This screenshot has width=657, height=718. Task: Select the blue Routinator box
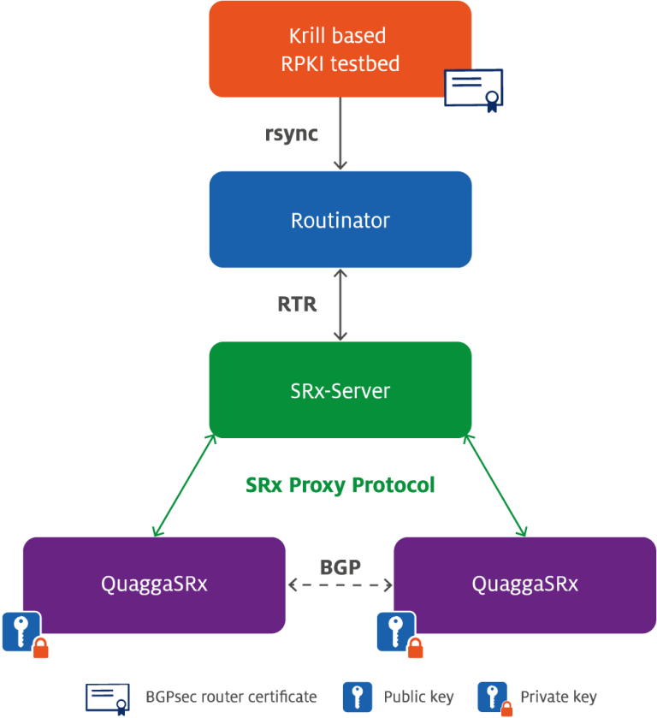tap(340, 220)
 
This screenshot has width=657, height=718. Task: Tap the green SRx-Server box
tap(340, 390)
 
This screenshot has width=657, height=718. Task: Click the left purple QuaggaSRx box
tap(154, 584)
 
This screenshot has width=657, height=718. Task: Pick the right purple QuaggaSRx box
tap(524, 584)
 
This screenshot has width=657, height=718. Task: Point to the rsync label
tap(292, 134)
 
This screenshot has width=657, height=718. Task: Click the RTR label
tap(297, 304)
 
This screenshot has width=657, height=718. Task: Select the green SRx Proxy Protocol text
tap(340, 485)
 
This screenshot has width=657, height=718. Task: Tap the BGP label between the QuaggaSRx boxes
tap(340, 567)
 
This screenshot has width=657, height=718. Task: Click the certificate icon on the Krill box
tap(473, 89)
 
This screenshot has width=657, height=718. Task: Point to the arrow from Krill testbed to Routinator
tap(340, 134)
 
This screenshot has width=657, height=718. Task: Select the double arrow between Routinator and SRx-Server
tap(340, 305)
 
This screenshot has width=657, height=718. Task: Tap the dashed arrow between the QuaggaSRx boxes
tap(340, 585)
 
